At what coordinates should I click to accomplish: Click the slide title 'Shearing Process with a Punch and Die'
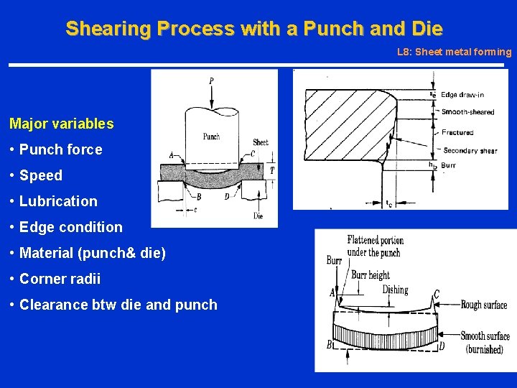pos(254,29)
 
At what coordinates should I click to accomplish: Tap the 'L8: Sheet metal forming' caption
pos(454,52)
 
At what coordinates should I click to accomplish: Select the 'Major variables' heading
pos(62,124)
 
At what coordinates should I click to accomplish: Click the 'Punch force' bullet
pos(61,149)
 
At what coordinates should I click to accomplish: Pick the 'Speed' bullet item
pos(41,175)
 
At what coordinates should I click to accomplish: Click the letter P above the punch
pos(210,81)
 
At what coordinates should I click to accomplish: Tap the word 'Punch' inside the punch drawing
pos(211,136)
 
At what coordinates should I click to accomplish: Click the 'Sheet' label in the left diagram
pos(261,142)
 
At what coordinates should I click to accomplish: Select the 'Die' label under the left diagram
pos(258,216)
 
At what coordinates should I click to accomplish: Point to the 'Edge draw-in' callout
pos(462,95)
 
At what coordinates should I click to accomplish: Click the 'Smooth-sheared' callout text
pos(467,111)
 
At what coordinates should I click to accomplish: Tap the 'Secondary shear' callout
pos(470,150)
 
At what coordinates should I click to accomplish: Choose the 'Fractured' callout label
pos(457,132)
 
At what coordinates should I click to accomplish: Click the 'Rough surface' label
pos(484,305)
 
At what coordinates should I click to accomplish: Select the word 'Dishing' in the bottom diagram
pos(395,290)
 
